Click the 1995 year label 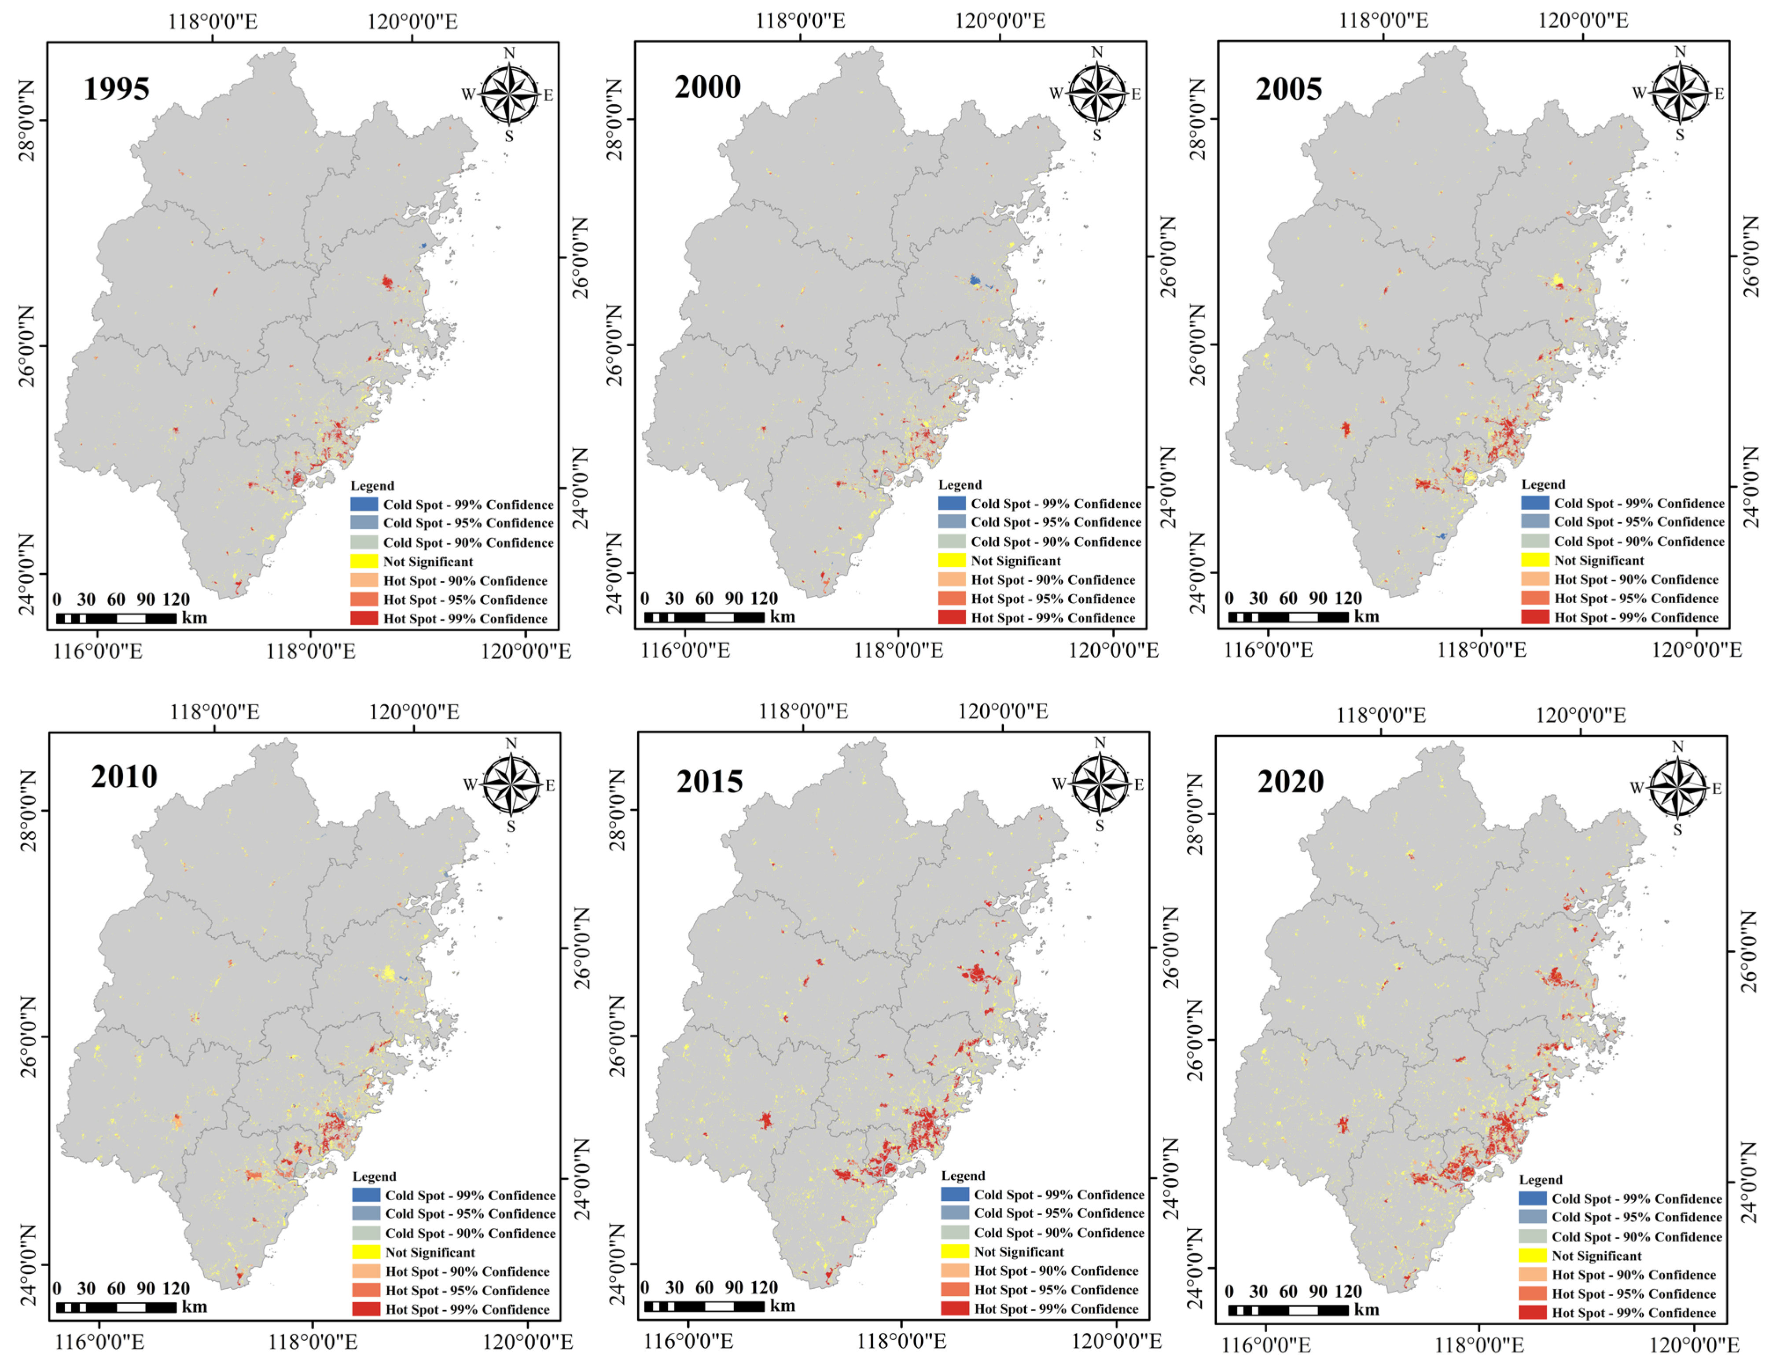[117, 88]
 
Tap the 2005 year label [1289, 88]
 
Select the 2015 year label [710, 781]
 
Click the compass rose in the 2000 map [1097, 94]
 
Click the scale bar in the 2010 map [116, 1307]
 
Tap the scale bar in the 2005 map [1288, 617]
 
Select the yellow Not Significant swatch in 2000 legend [952, 561]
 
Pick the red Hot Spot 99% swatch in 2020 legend [1533, 1313]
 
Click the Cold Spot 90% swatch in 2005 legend [1535, 541]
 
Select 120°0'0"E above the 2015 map [1003, 712]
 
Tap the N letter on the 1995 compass [509, 53]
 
